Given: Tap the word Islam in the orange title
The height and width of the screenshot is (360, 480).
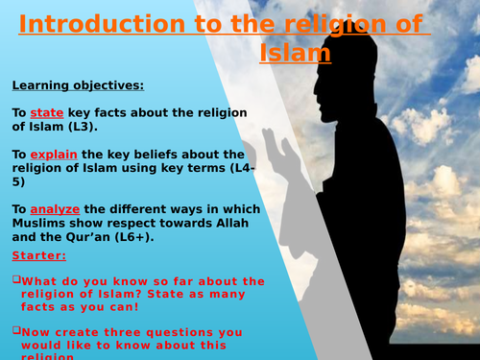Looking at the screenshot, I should click(295, 52).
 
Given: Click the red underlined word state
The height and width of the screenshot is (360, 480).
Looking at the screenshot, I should click(47, 112).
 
